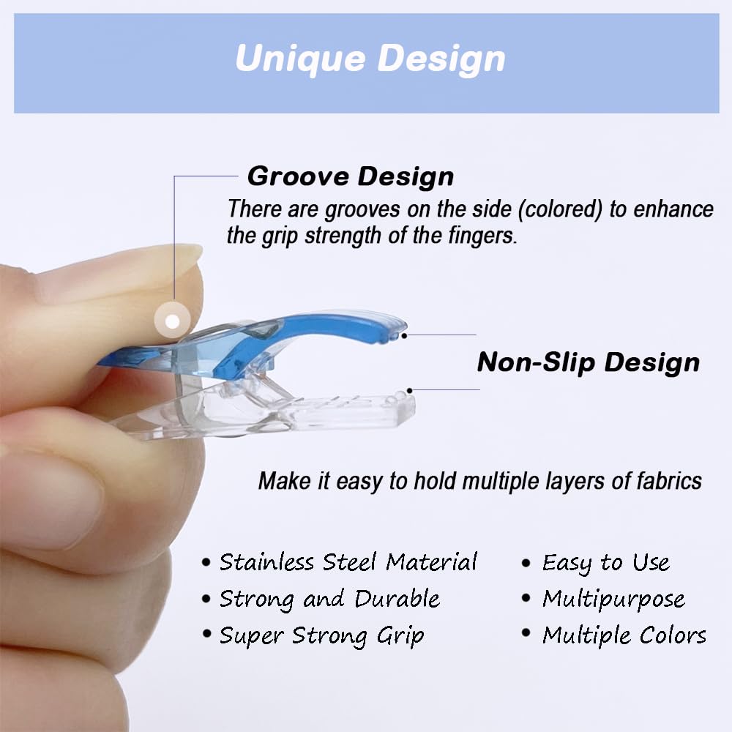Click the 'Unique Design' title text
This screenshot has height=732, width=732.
370,59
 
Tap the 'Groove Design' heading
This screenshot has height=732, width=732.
351,176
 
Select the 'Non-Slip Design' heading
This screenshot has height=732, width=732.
588,362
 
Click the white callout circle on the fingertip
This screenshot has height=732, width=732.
173,321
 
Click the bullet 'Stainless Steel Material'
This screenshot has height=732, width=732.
348,562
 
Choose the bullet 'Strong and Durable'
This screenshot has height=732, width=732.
329,599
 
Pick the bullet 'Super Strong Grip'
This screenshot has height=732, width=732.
321,635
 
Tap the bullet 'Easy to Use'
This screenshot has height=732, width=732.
605,562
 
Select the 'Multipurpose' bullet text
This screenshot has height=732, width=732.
613,599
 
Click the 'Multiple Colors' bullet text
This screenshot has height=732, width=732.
624,635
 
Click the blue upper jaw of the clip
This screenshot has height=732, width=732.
307,340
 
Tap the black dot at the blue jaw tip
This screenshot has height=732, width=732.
403,335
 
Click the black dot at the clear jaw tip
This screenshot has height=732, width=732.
410,390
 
